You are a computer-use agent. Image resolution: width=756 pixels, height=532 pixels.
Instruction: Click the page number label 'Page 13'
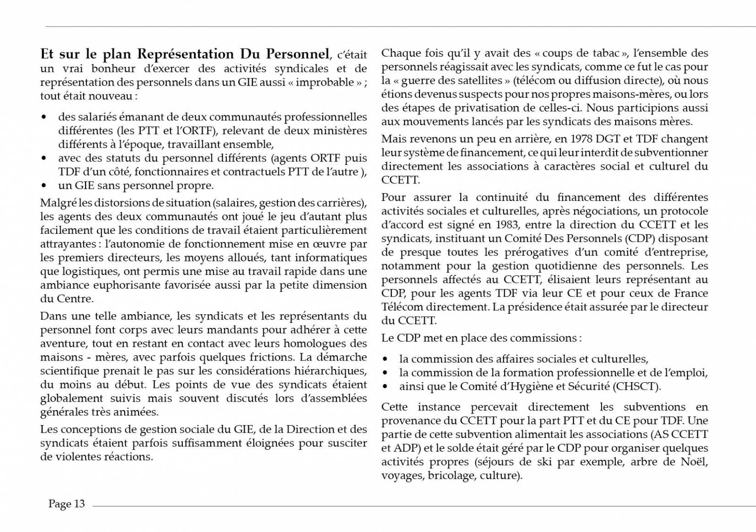[67, 504]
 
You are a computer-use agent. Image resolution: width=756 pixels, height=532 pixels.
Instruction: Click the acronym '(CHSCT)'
[636, 386]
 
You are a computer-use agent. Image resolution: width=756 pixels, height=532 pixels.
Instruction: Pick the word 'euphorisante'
[126, 285]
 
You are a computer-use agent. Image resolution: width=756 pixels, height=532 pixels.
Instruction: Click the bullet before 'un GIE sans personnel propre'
[44, 186]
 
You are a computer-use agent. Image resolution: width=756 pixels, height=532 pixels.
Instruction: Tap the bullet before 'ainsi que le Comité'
[386, 386]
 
